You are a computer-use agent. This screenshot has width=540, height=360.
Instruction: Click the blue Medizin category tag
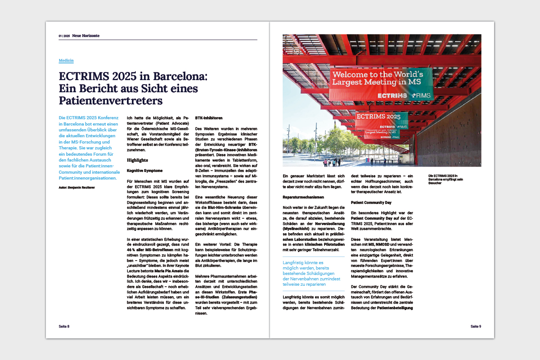66,60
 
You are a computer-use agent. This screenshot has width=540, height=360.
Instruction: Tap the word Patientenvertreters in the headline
111,99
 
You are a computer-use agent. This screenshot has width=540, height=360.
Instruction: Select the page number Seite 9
476,326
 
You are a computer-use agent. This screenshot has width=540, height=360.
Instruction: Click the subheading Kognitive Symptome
144,171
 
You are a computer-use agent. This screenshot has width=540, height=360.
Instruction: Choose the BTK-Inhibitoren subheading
209,118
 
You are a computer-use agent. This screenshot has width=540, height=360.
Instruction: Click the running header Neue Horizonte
86,36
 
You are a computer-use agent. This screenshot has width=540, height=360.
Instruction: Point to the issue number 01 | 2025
64,36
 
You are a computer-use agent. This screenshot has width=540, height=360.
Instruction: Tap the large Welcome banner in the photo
382,77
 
